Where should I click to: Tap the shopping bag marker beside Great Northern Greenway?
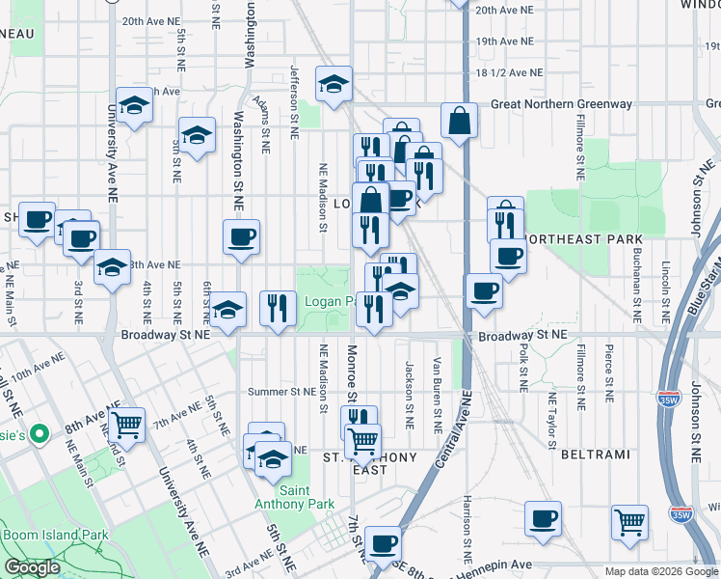[x=460, y=121]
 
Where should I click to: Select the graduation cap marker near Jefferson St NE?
[x=334, y=84]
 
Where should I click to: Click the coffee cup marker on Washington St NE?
[x=241, y=236]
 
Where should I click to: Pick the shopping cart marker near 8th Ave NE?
[x=126, y=425]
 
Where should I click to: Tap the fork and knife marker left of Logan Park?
[x=278, y=308]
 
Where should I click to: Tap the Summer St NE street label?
[x=281, y=392]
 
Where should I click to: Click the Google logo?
[x=32, y=567]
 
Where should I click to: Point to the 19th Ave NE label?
[x=504, y=41]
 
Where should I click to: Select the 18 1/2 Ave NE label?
[x=508, y=72]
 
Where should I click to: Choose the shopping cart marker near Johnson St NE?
[x=629, y=521]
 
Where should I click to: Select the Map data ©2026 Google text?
[x=661, y=570]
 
